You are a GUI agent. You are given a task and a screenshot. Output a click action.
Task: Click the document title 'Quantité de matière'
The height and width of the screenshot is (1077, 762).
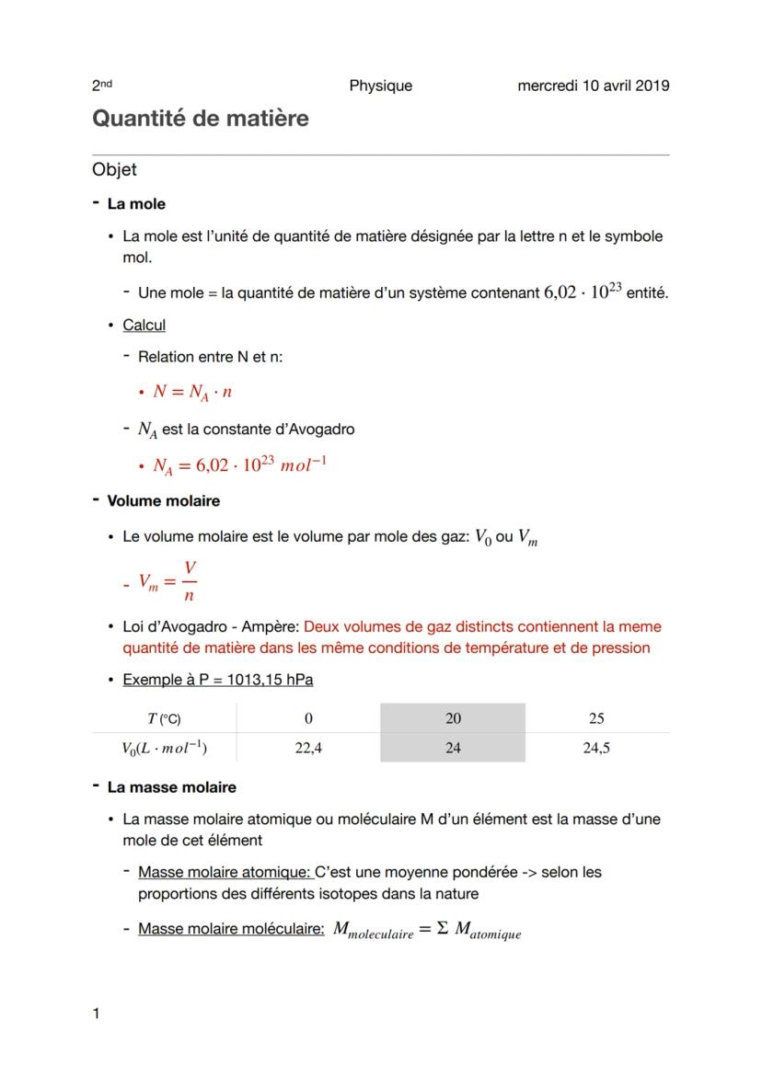(200, 119)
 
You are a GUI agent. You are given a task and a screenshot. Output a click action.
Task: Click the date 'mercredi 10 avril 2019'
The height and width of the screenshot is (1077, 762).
(593, 86)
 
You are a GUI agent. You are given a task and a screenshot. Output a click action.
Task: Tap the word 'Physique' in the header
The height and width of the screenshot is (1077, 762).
(380, 86)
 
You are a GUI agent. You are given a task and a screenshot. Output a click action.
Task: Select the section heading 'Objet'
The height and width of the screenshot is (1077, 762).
(114, 169)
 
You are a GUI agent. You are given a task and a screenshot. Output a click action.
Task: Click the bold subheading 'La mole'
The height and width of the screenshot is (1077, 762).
(136, 203)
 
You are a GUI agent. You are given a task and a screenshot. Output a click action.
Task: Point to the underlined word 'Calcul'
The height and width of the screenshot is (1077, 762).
(144, 325)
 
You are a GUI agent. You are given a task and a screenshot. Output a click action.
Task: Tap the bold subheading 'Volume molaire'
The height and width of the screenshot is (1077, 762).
(163, 501)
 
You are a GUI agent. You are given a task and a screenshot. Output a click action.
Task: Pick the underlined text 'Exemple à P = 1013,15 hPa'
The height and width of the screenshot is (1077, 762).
(217, 680)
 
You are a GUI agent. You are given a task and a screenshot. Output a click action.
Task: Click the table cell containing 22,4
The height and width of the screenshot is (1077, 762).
(308, 748)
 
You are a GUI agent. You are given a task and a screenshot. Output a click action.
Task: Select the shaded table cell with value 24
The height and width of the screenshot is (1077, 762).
(453, 748)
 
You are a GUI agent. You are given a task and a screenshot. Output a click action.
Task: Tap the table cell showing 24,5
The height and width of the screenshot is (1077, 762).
(596, 748)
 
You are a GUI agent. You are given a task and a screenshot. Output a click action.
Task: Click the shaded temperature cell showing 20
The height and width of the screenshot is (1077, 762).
(453, 718)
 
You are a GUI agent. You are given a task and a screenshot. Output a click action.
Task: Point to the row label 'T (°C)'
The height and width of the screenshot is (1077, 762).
(165, 718)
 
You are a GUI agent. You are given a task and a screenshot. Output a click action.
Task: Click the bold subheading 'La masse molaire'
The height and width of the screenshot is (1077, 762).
(171, 787)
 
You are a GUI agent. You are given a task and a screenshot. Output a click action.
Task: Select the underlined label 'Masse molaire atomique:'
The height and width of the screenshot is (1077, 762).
(225, 872)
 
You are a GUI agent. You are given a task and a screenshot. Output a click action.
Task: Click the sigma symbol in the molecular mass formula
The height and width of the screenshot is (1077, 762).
(442, 929)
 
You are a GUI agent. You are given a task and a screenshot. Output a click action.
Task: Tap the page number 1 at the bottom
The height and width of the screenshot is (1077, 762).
(96, 1014)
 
